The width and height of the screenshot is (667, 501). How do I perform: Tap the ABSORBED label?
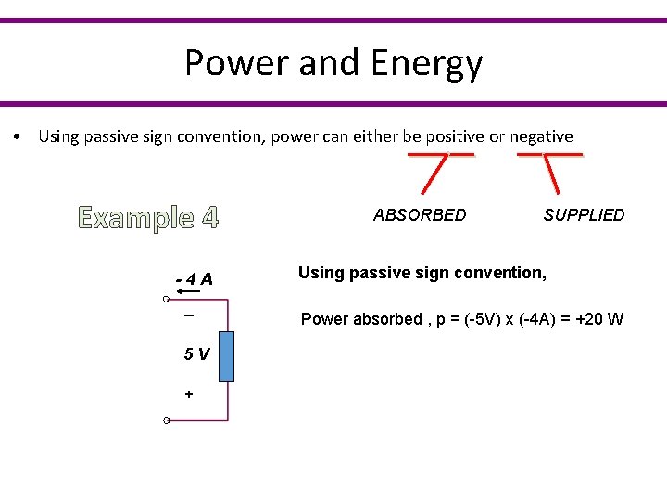coord(420,215)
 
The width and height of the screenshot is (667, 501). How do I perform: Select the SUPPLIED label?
coord(584,215)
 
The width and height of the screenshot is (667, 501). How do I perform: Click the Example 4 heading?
coord(149,218)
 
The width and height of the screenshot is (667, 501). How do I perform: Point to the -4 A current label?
coord(195,279)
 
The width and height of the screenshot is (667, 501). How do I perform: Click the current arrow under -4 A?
coord(190,292)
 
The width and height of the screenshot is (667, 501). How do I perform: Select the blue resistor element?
coord(226,356)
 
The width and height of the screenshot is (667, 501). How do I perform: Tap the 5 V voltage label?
coord(195,353)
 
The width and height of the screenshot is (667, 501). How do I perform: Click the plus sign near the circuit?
coord(189,394)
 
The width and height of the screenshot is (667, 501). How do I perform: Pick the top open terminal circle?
coord(165,300)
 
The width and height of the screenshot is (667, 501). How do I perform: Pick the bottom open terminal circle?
coord(165,421)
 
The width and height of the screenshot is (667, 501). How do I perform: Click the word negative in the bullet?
coord(541,137)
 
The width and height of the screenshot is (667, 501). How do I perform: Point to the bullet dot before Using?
coord(19,137)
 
